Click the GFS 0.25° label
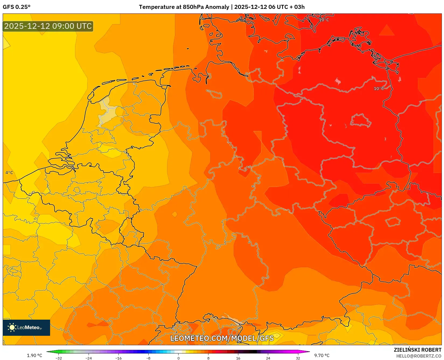point(16,7)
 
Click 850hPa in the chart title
point(193,7)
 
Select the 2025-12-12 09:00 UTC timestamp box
point(48,26)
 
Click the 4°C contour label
point(9,172)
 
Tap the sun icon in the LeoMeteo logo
point(12,327)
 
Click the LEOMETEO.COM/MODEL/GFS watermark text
point(222,338)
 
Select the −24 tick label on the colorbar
point(88,358)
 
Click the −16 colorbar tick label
point(118,358)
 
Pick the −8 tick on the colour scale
point(148,358)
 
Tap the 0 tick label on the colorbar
point(178,358)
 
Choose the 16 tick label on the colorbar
point(238,358)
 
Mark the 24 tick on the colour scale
point(268,358)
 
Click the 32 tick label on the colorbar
point(298,358)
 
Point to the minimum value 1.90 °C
point(34,355)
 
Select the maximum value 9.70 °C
point(322,355)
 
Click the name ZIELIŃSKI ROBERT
point(418,350)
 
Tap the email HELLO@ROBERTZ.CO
point(419,356)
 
